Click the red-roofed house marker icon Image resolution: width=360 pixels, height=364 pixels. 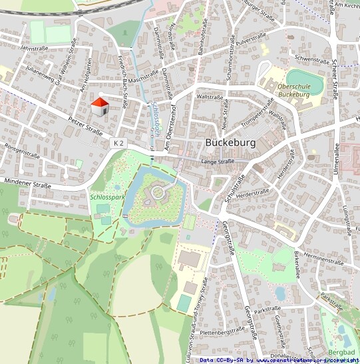coord(100,106)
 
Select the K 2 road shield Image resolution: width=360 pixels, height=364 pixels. coord(118,143)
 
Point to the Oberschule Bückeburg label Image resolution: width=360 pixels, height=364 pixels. coord(293,91)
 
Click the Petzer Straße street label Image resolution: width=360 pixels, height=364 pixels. coord(85,125)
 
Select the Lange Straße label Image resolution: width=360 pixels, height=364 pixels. coord(218,162)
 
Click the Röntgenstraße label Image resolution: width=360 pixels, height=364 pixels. coord(23,152)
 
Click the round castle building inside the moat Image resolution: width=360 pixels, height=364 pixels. coord(158,193)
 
